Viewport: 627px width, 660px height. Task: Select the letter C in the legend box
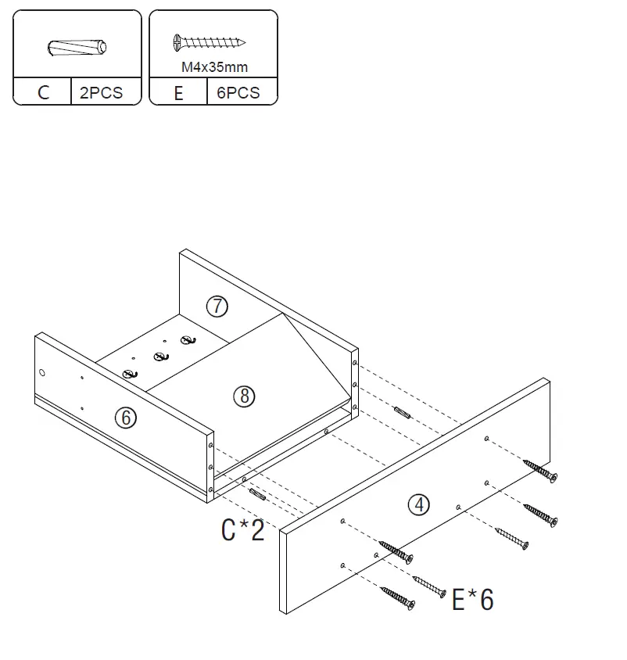click(43, 92)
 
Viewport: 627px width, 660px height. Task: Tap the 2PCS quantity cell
click(102, 92)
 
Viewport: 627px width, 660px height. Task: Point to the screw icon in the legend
click(209, 41)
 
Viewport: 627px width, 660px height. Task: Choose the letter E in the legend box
click(179, 92)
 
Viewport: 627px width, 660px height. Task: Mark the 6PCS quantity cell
click(238, 92)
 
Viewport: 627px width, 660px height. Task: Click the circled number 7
click(217, 307)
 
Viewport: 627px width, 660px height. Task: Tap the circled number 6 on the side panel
click(125, 418)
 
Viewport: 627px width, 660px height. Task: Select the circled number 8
click(245, 396)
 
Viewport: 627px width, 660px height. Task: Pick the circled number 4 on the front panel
click(420, 505)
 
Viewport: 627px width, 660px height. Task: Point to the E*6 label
click(473, 599)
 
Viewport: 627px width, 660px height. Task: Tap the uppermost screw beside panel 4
click(540, 472)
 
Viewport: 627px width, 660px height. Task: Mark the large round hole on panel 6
click(43, 374)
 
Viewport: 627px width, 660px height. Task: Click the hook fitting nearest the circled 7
click(186, 339)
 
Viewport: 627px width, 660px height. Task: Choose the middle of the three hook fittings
click(159, 357)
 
